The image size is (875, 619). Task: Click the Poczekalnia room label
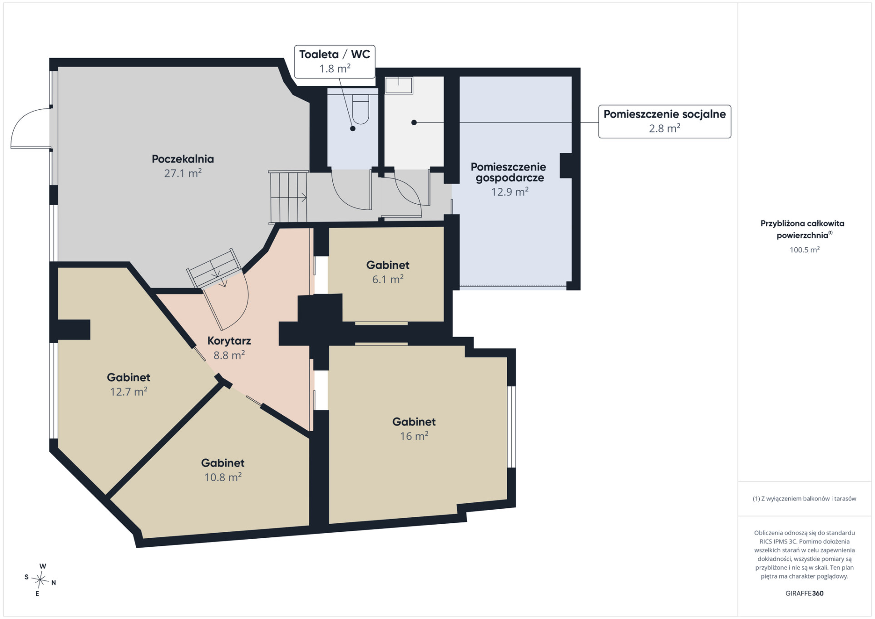183,159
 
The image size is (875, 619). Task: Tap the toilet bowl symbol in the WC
361,109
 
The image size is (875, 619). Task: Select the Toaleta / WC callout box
335,61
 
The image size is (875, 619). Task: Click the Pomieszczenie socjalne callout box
664,121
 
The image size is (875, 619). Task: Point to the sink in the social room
399,85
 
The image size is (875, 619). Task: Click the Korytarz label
229,341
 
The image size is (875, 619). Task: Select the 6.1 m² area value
388,279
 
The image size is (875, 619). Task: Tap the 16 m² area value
414,436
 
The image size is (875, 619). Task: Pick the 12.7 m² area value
129,391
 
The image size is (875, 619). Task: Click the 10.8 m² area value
222,477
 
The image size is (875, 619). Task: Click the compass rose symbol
40,580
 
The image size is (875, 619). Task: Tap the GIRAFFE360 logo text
804,593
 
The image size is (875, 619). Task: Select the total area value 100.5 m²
804,250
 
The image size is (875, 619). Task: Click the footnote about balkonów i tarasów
804,498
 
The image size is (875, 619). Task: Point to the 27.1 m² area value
183,173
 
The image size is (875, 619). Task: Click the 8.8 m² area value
229,355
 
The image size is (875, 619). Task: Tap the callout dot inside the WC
352,128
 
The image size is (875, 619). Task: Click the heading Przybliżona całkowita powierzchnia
802,229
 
